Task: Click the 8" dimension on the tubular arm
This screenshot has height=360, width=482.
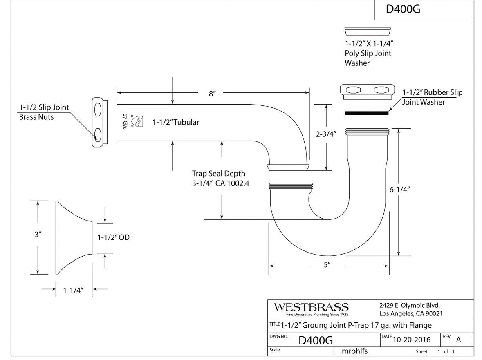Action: [x=212, y=94]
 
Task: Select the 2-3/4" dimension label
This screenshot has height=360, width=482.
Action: [x=326, y=135]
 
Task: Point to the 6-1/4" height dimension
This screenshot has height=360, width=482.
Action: [x=399, y=189]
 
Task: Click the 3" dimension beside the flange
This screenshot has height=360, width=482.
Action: [x=38, y=235]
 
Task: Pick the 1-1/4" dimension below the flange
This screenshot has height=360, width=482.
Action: [x=73, y=290]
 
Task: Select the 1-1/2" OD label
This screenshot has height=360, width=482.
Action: [x=113, y=237]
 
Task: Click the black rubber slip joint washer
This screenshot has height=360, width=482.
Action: [x=366, y=112]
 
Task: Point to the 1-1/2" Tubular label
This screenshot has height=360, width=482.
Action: [x=176, y=122]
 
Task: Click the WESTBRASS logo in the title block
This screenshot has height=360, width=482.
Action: [x=311, y=307]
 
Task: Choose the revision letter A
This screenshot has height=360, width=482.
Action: [x=458, y=339]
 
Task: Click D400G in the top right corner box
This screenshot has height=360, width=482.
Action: [x=403, y=9]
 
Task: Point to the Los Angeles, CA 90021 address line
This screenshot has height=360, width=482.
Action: [x=410, y=314]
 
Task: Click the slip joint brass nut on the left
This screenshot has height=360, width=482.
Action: [x=99, y=122]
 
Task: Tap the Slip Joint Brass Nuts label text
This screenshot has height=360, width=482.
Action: [x=44, y=112]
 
